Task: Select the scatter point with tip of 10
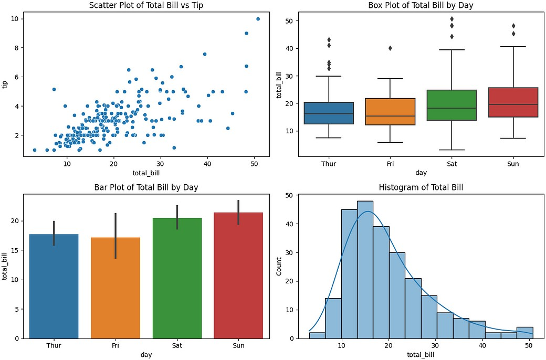pos(258,19)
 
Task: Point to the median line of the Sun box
pos(513,104)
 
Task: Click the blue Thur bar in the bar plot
pos(54,286)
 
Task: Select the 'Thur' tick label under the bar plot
pos(54,346)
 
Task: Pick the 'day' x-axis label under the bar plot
pos(146,355)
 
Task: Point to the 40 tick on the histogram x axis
pos(481,346)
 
